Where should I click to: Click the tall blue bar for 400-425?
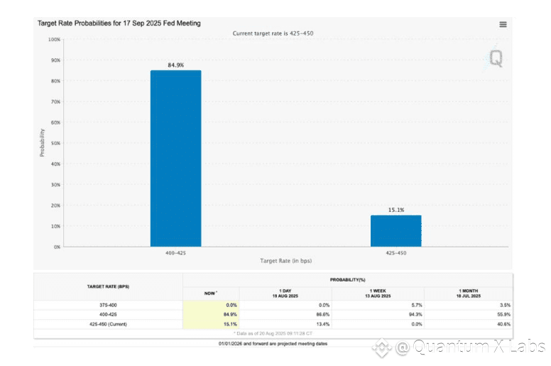[x=175, y=158]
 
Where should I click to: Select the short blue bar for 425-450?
[x=395, y=230]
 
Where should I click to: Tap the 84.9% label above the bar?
[x=175, y=65]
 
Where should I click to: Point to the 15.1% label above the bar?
[x=395, y=210]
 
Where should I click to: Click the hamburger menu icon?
[x=503, y=24]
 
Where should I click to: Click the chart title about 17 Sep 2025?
[x=119, y=23]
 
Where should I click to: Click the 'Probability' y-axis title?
[x=43, y=143]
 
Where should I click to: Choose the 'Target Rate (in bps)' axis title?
[x=285, y=262]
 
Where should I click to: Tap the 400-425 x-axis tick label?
[x=175, y=252]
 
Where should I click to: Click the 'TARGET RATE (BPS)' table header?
[x=108, y=286]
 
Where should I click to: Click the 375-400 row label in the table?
[x=108, y=304]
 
